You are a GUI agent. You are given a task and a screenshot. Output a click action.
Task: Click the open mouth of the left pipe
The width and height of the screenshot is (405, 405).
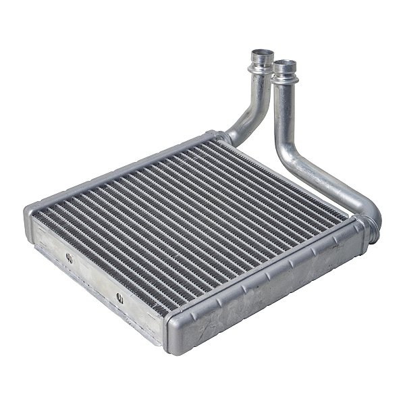(261, 53)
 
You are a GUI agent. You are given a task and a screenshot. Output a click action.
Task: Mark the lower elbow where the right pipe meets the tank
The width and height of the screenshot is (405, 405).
(367, 217)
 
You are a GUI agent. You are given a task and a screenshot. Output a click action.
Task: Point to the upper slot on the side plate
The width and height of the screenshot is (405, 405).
(69, 256)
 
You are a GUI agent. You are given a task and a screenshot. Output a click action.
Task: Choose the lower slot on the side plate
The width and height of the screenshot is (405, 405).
(119, 296)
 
